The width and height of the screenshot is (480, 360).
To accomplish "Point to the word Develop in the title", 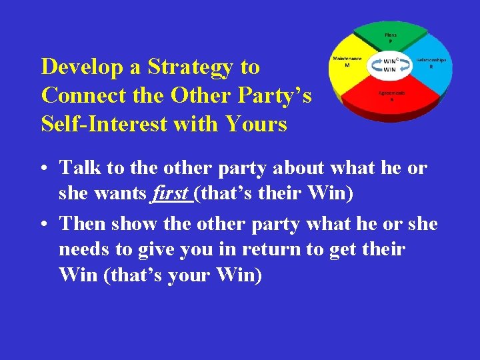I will point(85,67).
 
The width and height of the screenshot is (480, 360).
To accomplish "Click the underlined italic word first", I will point(171,194).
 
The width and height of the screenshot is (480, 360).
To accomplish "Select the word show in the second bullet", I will point(134,224).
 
